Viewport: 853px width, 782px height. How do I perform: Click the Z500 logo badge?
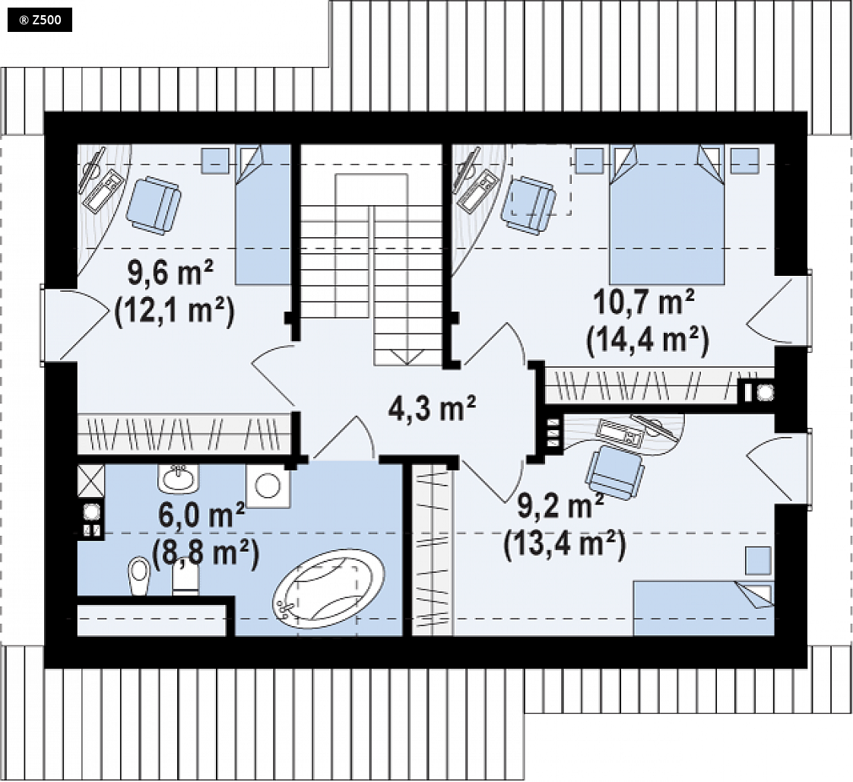40,21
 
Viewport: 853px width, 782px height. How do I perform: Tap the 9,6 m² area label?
170,273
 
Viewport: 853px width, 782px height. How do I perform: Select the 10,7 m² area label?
644,302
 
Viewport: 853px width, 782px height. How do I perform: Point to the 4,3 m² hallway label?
432,408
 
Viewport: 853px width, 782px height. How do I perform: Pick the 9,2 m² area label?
560,506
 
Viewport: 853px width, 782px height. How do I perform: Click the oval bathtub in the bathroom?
328,590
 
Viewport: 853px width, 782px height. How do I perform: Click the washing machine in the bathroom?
268,486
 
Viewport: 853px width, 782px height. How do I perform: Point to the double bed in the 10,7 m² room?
667,214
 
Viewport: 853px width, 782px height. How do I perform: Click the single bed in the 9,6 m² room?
263,214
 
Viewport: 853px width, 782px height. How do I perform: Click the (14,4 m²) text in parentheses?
648,341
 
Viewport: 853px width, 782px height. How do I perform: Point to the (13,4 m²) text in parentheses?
565,545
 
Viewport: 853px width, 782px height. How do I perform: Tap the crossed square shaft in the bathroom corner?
90,481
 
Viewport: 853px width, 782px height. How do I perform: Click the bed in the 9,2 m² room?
704,608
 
